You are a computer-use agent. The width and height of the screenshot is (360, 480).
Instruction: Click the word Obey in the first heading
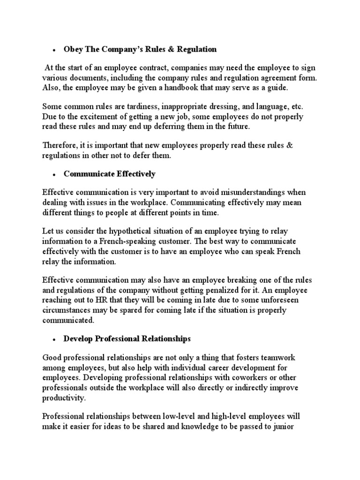tap(73, 49)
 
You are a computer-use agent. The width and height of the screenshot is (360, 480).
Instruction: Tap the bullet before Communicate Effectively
tap(54, 174)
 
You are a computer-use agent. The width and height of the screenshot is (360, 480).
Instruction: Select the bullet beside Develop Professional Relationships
tap(54, 338)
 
